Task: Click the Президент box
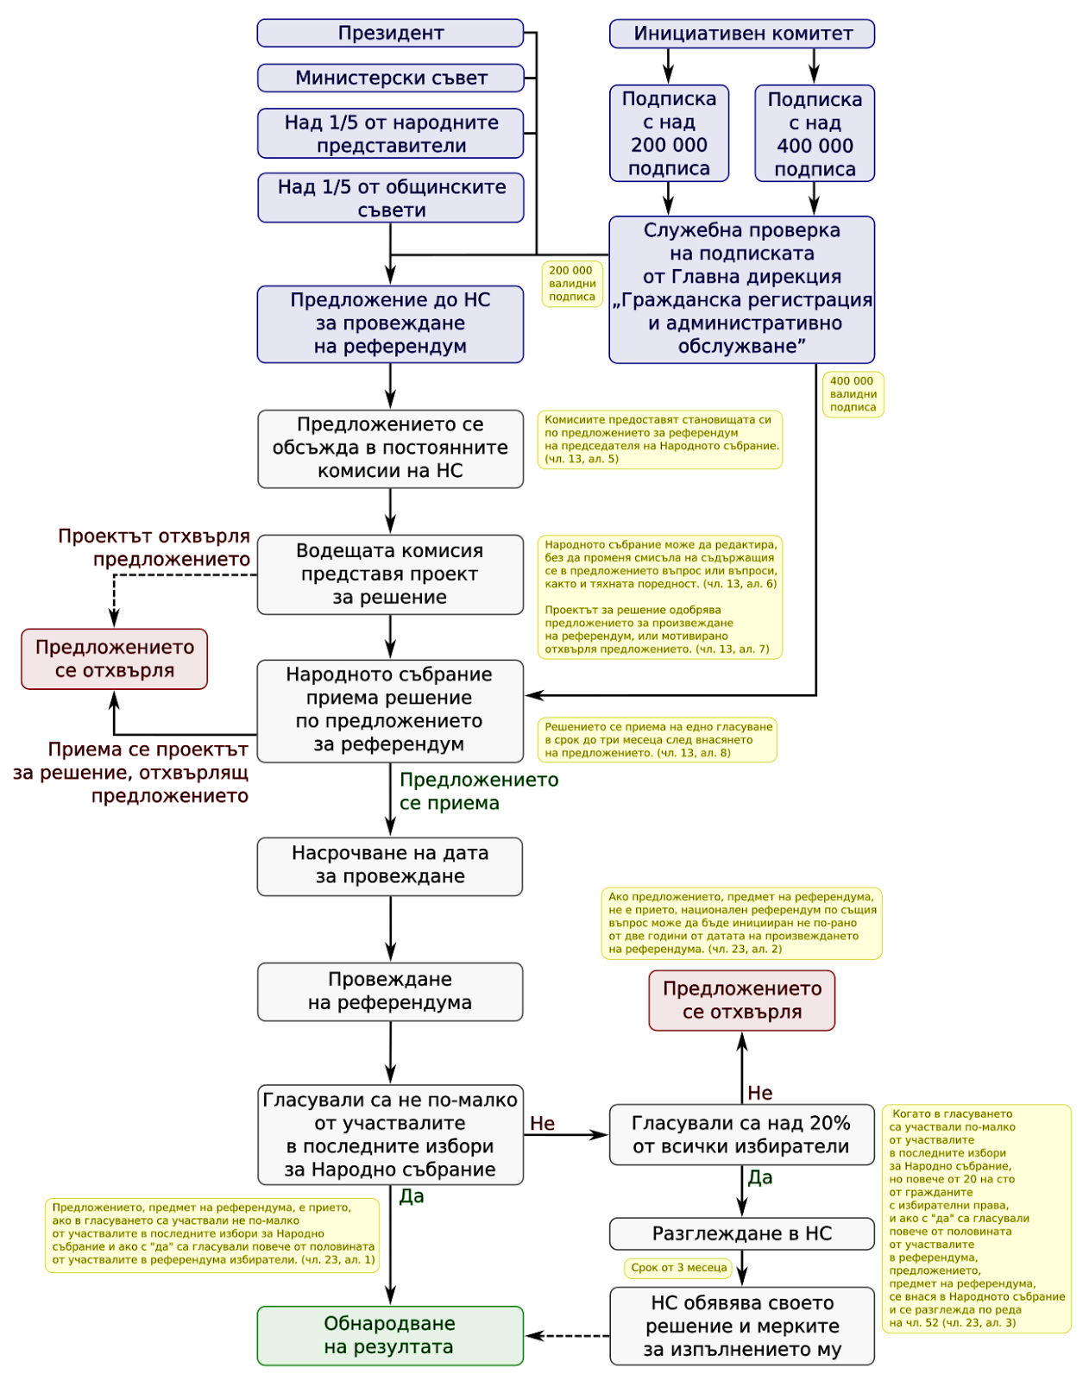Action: (x=390, y=33)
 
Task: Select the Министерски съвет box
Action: (x=390, y=78)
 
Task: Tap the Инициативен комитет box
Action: (x=742, y=34)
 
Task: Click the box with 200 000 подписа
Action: (x=669, y=134)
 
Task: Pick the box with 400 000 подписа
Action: (x=815, y=134)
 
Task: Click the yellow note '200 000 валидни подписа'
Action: (x=572, y=284)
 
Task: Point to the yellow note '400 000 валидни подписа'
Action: (x=853, y=394)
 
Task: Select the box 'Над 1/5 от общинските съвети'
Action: (x=390, y=198)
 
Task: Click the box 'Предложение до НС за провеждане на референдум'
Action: (x=390, y=323)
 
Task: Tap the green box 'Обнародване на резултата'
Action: (x=390, y=1335)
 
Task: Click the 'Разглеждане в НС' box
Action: (x=742, y=1233)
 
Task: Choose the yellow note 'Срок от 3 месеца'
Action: (x=679, y=1268)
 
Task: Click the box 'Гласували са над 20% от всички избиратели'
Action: (x=742, y=1134)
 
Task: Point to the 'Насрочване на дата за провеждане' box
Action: (x=390, y=866)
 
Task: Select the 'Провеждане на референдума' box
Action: (x=390, y=991)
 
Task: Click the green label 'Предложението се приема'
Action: (x=479, y=791)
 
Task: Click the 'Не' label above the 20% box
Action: (x=759, y=1092)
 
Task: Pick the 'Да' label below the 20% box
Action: (x=759, y=1177)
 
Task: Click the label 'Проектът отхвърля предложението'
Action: (x=154, y=547)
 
